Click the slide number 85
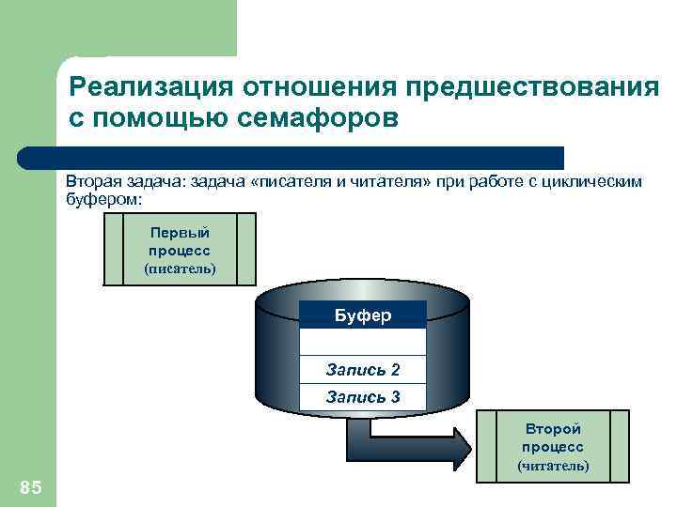[30, 485]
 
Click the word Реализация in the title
[150, 86]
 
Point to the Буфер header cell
[363, 315]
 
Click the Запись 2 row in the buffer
[363, 370]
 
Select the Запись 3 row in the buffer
[363, 397]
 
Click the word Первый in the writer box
[180, 233]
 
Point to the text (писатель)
[180, 269]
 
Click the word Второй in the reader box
[553, 429]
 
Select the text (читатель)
[553, 465]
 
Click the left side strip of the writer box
[114, 248]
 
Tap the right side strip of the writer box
[246, 248]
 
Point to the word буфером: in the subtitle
[102, 199]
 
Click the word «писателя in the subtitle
[284, 182]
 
